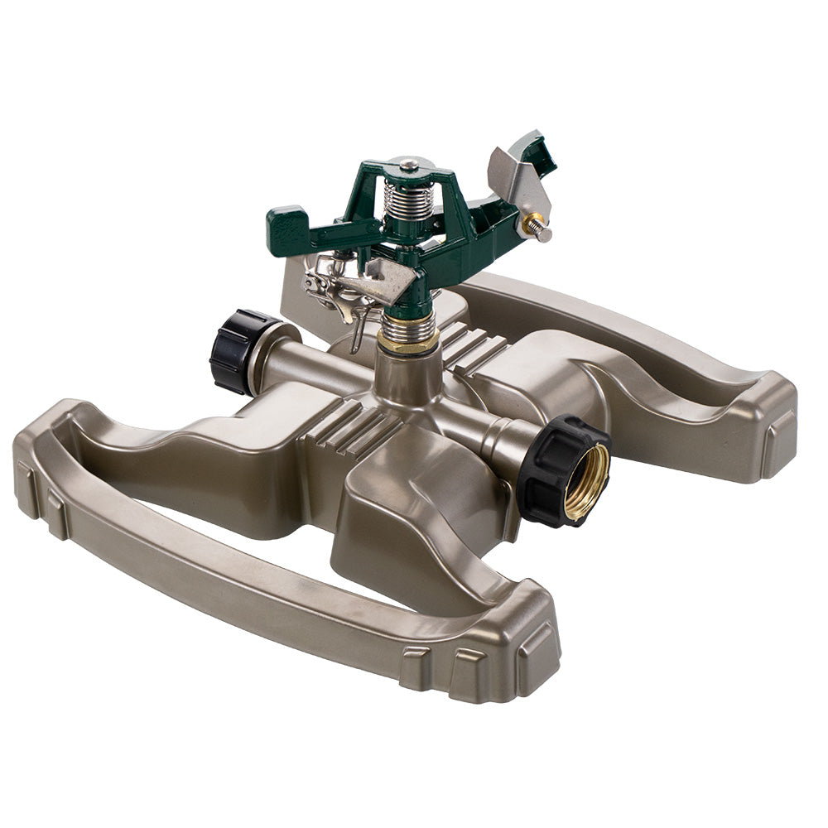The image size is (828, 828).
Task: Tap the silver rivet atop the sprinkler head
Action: [x=407, y=166]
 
